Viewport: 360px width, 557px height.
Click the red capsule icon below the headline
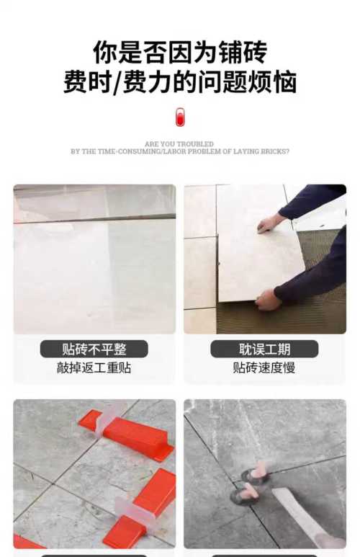180,117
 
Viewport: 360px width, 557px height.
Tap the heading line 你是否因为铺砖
180,52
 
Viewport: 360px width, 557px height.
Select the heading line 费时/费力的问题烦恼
180,82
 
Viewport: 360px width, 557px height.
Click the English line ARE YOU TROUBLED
179,144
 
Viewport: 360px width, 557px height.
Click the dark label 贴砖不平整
94,349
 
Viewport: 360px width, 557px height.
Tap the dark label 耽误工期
264,349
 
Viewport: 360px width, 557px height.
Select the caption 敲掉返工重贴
94,367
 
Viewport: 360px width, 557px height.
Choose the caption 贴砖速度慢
264,367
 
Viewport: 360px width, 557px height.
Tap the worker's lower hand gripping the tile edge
268,300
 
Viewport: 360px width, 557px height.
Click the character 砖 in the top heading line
255,52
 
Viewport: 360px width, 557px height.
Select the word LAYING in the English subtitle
247,151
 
